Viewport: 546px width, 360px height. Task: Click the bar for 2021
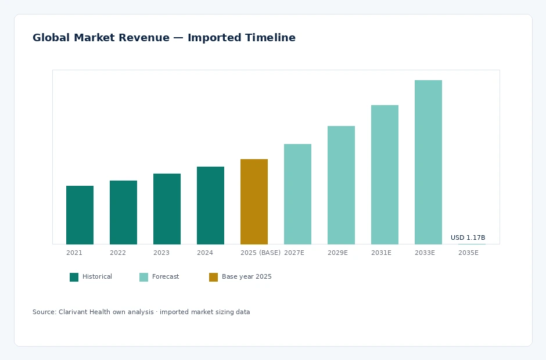coord(80,215)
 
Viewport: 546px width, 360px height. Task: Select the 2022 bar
coord(123,213)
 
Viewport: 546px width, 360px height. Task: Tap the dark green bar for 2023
coord(167,209)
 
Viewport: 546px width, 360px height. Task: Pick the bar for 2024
coord(210,206)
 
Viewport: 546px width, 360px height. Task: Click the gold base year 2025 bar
coord(254,201)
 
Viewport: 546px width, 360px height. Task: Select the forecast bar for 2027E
coord(297,194)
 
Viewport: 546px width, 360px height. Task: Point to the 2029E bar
coord(341,185)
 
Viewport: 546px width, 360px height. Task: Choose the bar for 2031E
coord(385,174)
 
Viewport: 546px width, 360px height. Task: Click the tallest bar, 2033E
coord(428,162)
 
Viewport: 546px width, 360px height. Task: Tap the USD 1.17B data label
coord(468,237)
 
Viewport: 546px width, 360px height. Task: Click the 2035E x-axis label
coord(468,253)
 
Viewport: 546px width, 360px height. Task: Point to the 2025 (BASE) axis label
coord(260,253)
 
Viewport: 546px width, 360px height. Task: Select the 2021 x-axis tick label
coord(74,253)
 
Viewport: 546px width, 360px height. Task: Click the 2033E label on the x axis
coord(425,253)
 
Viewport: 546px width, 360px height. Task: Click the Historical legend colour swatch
coord(74,277)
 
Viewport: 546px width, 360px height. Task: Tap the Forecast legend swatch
coord(143,277)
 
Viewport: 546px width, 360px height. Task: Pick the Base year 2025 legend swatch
coord(213,277)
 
